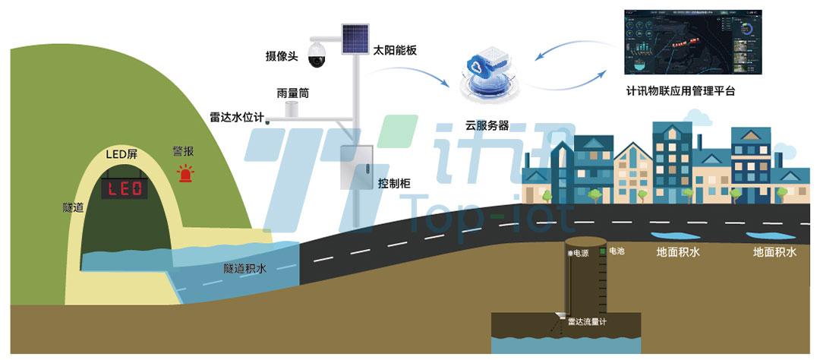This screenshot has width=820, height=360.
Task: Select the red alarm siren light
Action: [x=186, y=174]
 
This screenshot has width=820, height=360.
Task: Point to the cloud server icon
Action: [x=486, y=74]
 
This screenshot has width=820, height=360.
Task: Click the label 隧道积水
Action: [x=248, y=267]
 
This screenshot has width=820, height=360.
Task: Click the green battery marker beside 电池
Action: [x=603, y=250]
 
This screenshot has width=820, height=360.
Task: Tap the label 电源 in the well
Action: [x=580, y=251]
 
